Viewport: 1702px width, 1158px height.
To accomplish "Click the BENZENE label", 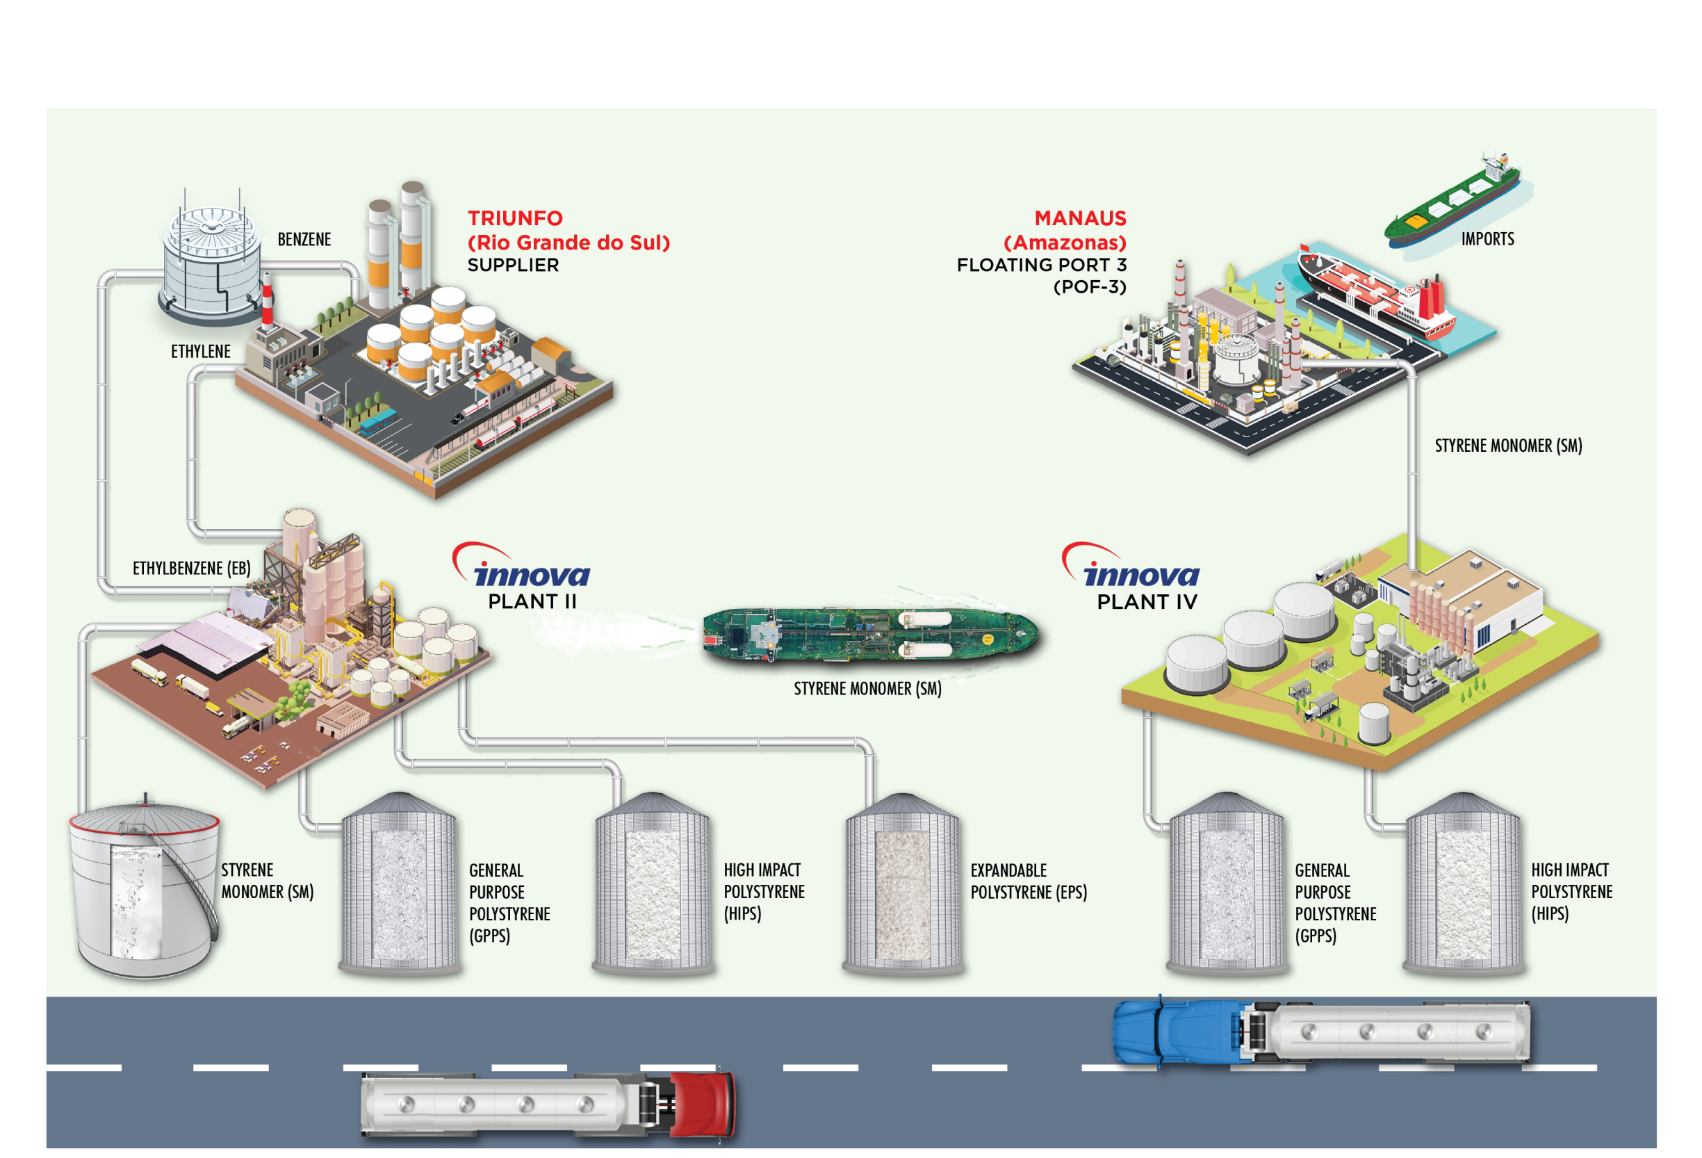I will click(304, 240).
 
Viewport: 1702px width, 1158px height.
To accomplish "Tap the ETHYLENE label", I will click(201, 352).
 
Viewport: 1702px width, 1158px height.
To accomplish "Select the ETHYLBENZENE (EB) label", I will click(191, 569).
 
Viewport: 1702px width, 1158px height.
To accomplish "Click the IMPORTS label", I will click(1487, 239).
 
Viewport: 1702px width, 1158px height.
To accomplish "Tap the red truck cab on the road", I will click(705, 1104).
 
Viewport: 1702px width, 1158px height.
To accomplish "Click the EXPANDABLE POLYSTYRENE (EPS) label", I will click(1029, 881).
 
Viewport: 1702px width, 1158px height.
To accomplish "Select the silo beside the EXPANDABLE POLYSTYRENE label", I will click(902, 885).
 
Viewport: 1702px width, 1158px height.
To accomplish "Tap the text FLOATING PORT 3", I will click(1040, 265).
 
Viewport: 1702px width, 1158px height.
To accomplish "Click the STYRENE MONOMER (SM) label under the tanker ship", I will click(867, 689).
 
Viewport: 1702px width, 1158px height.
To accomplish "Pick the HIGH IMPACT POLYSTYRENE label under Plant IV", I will click(1571, 891).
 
